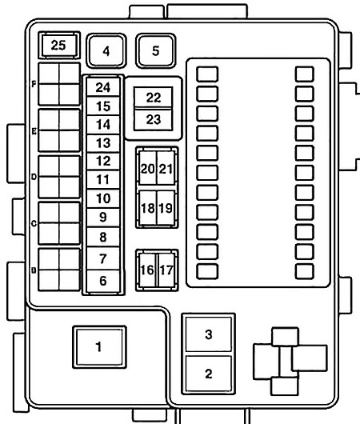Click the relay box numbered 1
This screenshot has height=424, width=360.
pyautogui.click(x=99, y=346)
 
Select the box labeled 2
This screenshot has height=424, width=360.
pyautogui.click(x=209, y=374)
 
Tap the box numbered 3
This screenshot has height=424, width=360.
pyautogui.click(x=209, y=335)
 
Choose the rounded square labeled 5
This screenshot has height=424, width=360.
pyautogui.click(x=155, y=51)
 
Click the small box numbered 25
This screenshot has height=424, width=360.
pyautogui.click(x=58, y=45)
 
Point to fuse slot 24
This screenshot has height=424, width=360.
pyautogui.click(x=102, y=87)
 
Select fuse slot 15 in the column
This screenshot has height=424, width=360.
pyautogui.click(x=102, y=106)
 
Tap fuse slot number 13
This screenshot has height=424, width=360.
pyautogui.click(x=102, y=142)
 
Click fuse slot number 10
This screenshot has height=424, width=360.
pyautogui.click(x=102, y=198)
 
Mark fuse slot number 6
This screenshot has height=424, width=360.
pyautogui.click(x=102, y=281)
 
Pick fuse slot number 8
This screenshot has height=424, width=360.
pyautogui.click(x=102, y=237)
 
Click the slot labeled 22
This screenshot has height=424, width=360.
pyautogui.click(x=154, y=98)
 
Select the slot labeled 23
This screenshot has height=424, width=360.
pyautogui.click(x=154, y=119)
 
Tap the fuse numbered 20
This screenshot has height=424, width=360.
pyautogui.click(x=147, y=168)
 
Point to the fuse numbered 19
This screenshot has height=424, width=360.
pyautogui.click(x=166, y=208)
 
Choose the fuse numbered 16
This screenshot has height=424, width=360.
pyautogui.click(x=147, y=270)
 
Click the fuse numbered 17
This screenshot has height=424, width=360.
pyautogui.click(x=166, y=270)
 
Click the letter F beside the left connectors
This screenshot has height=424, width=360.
pyautogui.click(x=34, y=83)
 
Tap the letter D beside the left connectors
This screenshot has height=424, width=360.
pyautogui.click(x=34, y=177)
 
